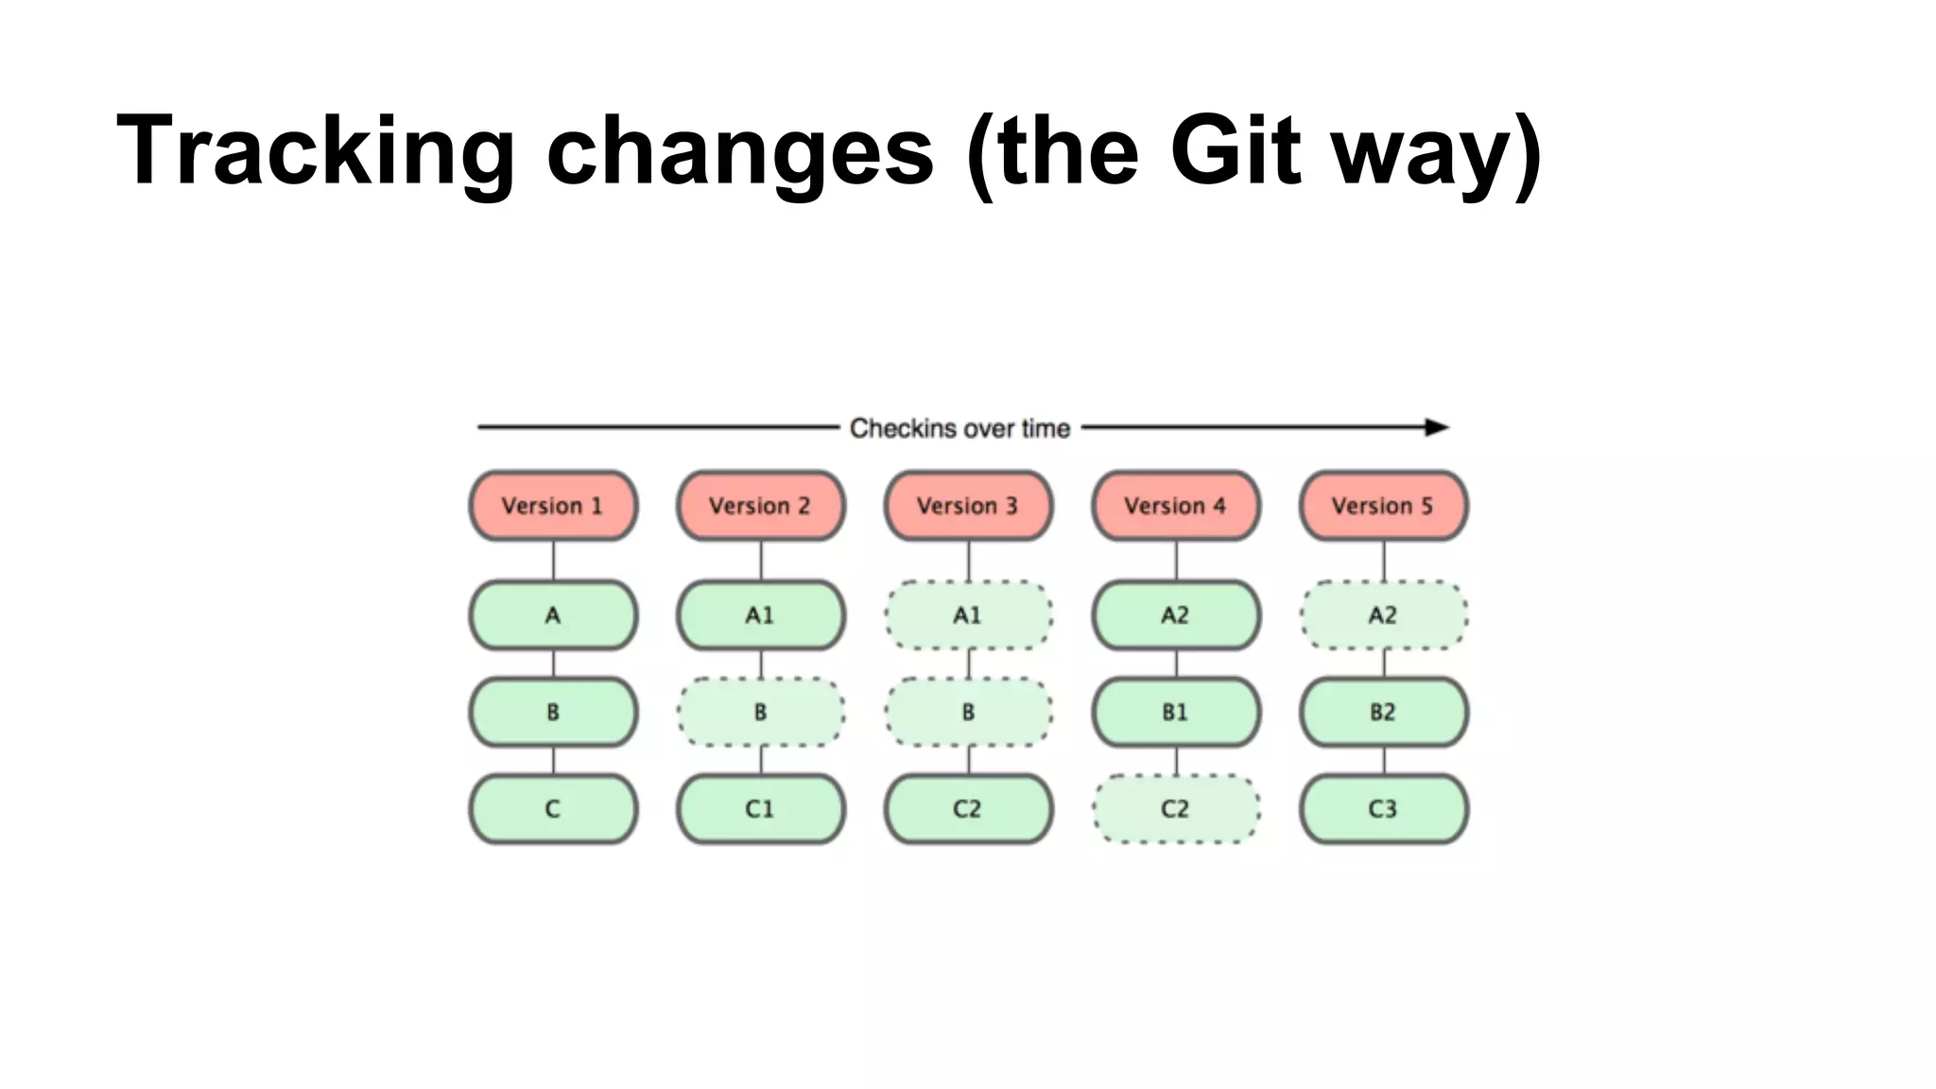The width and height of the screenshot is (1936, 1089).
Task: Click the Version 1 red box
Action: point(553,506)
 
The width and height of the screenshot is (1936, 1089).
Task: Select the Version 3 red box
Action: point(968,506)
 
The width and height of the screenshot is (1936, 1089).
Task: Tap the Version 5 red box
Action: point(1383,506)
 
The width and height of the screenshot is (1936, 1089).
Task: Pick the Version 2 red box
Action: point(761,506)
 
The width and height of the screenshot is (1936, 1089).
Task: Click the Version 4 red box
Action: point(1176,506)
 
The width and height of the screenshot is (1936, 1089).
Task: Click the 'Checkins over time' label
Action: point(959,428)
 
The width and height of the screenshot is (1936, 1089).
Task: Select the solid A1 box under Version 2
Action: point(761,615)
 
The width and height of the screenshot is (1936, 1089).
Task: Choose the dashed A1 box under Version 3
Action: point(968,615)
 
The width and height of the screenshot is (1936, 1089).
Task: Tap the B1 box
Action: point(1176,712)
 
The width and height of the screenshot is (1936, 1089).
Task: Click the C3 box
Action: point(1383,809)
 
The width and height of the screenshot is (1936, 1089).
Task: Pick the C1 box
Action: point(761,809)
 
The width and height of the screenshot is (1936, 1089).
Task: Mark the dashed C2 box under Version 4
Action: point(1176,809)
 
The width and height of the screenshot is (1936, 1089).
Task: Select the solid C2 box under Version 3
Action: point(968,809)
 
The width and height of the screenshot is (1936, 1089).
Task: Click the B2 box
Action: point(1383,712)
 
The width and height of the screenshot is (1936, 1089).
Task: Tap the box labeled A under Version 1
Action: point(553,615)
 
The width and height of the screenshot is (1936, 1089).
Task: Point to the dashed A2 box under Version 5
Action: point(1383,615)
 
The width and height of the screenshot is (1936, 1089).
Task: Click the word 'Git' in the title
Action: point(1234,151)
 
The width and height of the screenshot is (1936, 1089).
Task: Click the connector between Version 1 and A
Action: point(553,561)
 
